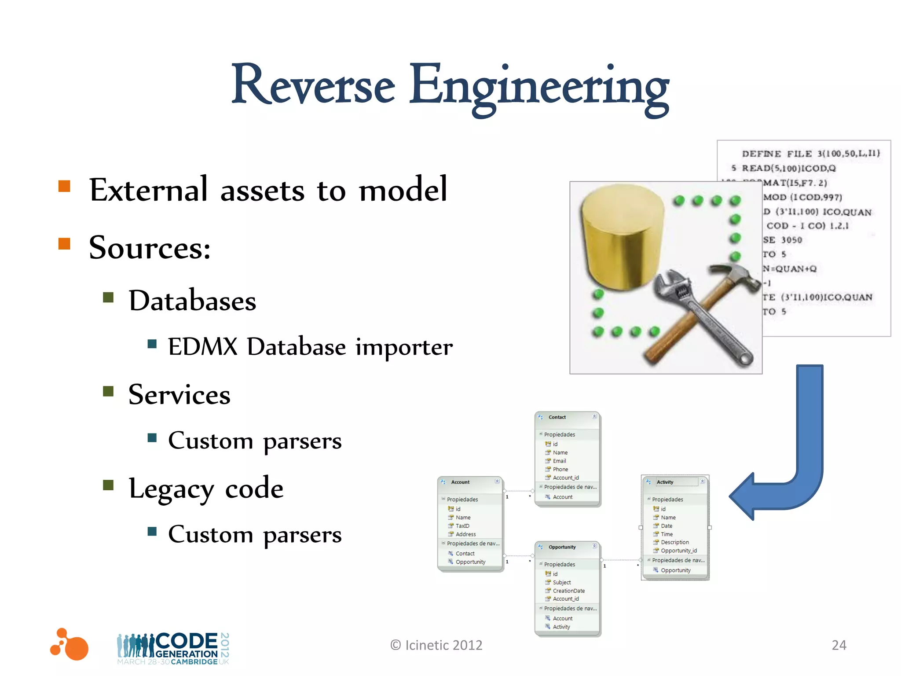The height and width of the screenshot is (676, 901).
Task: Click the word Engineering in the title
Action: click(x=539, y=86)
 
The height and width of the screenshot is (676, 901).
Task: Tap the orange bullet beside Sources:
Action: click(x=64, y=243)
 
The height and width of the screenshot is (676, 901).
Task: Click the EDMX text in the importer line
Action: click(x=203, y=347)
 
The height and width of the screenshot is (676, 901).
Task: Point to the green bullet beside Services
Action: click(x=108, y=391)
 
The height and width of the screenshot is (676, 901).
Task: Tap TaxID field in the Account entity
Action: click(x=462, y=526)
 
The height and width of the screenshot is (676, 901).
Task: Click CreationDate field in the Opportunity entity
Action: click(x=568, y=591)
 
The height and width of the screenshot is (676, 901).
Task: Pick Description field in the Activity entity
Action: click(x=674, y=542)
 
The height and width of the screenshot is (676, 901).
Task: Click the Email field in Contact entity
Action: click(x=559, y=461)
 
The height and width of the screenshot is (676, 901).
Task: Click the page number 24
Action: click(x=839, y=645)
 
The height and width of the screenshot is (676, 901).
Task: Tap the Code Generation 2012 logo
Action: click(x=173, y=648)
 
